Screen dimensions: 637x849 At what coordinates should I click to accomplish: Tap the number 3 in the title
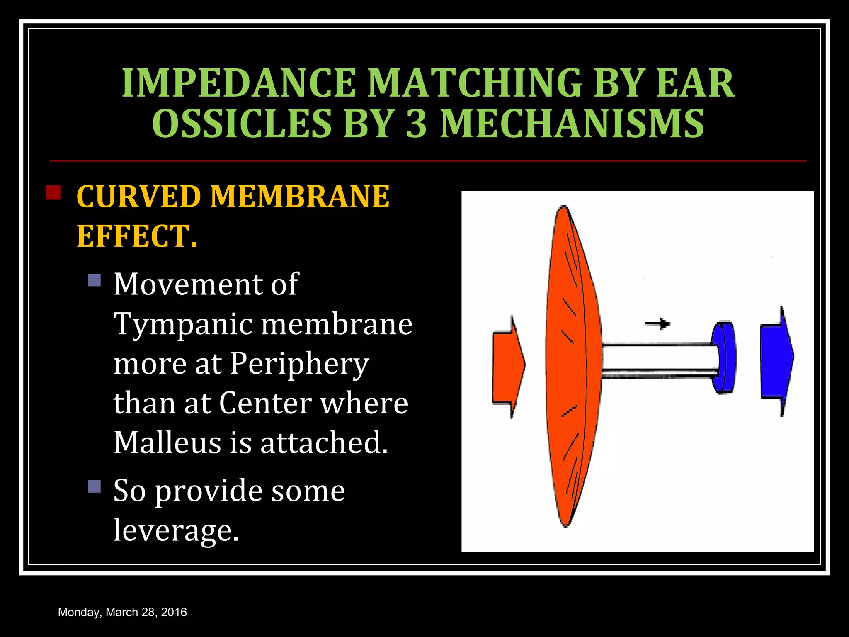[x=416, y=124]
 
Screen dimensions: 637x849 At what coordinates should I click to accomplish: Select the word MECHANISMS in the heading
[x=572, y=124]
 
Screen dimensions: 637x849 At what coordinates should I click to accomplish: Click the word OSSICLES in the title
[x=242, y=124]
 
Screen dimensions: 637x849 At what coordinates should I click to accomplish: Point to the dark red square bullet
[x=53, y=193]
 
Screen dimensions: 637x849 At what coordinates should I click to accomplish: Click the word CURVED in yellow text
[x=138, y=197]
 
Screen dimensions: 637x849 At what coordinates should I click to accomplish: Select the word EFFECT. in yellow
[x=137, y=236]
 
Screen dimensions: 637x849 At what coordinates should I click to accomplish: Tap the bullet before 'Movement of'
[x=95, y=280]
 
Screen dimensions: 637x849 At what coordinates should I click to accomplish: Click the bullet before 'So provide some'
[x=95, y=486]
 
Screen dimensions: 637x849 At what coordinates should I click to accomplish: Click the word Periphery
[x=299, y=364]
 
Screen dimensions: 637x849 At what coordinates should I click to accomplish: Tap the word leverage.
[x=176, y=530]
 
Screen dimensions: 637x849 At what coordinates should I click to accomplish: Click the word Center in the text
[x=265, y=403]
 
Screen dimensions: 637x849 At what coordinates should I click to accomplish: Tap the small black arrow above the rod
[x=658, y=323]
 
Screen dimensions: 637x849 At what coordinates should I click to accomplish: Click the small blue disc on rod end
[x=724, y=357]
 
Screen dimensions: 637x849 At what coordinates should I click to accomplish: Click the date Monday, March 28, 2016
[x=122, y=612]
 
